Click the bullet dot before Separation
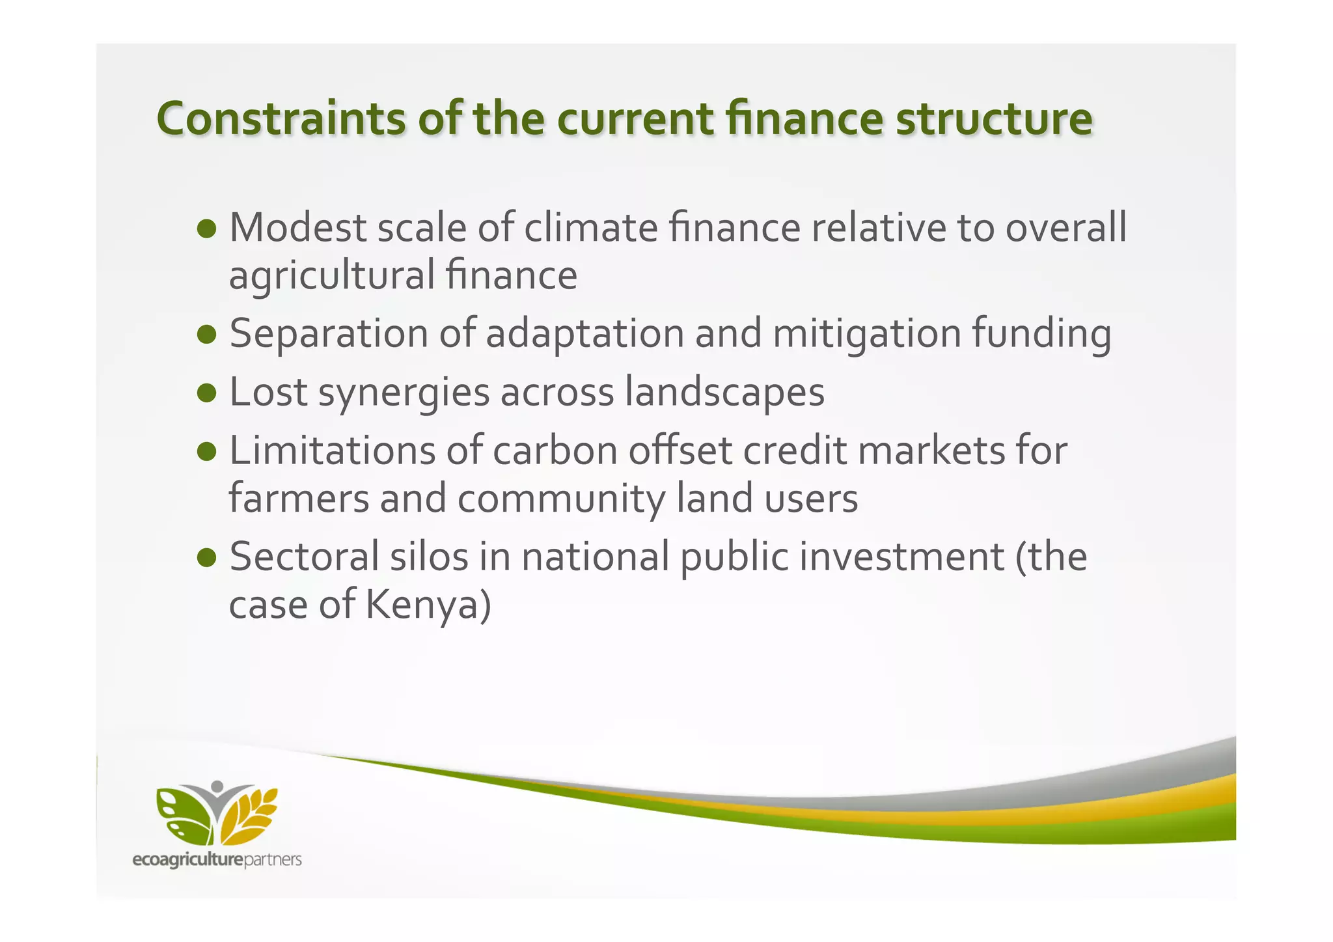[x=206, y=334]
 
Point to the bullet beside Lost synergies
[x=206, y=393]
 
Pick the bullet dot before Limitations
[x=206, y=451]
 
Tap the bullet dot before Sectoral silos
[x=206, y=557]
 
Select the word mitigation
[x=866, y=334]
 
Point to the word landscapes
[x=724, y=393]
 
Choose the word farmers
[x=299, y=499]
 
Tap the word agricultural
[x=331, y=275]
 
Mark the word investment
[x=901, y=557]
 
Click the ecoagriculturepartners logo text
[x=217, y=860]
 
